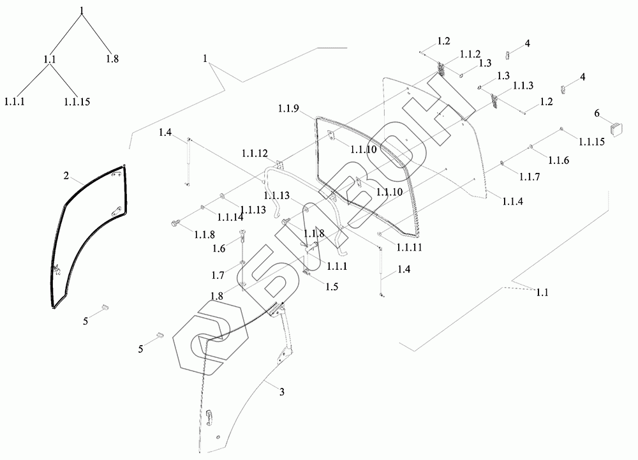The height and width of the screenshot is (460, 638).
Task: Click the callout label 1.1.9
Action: (x=288, y=108)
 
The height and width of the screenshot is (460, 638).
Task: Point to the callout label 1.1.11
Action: (x=408, y=246)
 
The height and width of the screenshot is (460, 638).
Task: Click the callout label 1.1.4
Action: (x=512, y=201)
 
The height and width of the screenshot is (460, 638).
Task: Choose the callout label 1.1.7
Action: (x=530, y=176)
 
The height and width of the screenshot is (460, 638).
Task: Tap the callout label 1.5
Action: (x=331, y=287)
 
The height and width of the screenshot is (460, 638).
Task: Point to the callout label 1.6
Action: (x=219, y=248)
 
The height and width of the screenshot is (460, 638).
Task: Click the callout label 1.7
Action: (x=218, y=275)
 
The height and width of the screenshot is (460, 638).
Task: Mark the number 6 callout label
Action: (x=597, y=113)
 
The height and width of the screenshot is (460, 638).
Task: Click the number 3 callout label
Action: (x=281, y=391)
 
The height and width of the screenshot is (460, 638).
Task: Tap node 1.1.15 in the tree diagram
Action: (x=78, y=101)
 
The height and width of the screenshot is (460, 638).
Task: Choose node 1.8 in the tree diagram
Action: (x=112, y=59)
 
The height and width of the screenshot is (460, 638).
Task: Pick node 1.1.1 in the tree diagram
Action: (x=15, y=101)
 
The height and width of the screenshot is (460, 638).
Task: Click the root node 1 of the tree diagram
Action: (x=82, y=9)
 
